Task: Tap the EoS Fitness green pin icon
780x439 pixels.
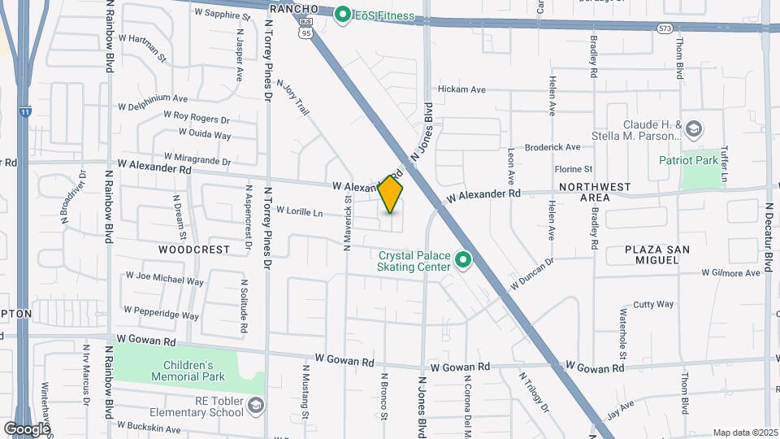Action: pyautogui.click(x=343, y=14)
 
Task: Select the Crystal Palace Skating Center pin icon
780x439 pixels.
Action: pyautogui.click(x=463, y=260)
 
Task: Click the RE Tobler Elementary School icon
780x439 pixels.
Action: pyautogui.click(x=256, y=405)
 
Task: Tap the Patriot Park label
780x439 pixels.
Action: pyautogui.click(x=688, y=160)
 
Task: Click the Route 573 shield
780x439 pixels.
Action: pyautogui.click(x=664, y=28)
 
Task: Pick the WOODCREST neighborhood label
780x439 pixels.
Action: pyautogui.click(x=195, y=250)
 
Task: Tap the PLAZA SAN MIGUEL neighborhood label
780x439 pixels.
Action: pyautogui.click(x=652, y=254)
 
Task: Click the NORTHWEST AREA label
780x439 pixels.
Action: pyautogui.click(x=595, y=192)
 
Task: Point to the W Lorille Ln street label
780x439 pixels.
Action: pyautogui.click(x=300, y=211)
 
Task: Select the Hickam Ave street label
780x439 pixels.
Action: pyautogui.click(x=461, y=89)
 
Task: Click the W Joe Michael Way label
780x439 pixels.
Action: pyautogui.click(x=164, y=280)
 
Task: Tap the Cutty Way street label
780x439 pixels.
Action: pyautogui.click(x=653, y=304)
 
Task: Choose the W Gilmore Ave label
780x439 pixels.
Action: pyautogui.click(x=731, y=273)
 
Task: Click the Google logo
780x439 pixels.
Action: pyautogui.click(x=27, y=428)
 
